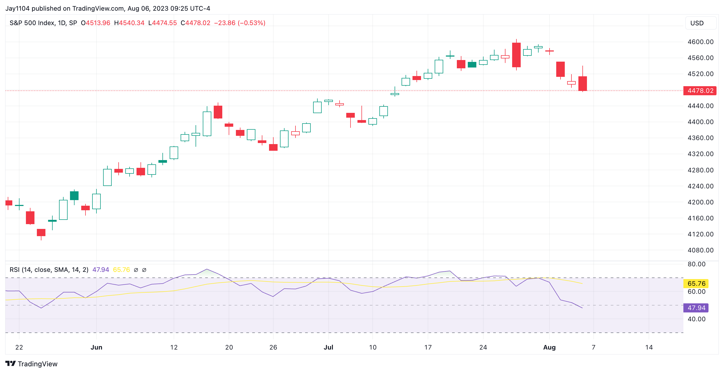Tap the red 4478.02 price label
click(700, 91)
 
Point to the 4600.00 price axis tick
click(700, 42)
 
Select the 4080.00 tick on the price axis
click(700, 250)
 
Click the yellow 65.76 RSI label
click(696, 283)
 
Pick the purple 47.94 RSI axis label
click(696, 308)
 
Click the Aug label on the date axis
click(549, 347)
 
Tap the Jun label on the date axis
click(96, 347)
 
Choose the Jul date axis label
click(328, 347)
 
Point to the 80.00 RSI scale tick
click(696, 264)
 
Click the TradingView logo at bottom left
click(32, 364)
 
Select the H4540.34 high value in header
click(129, 23)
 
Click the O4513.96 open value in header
click(96, 23)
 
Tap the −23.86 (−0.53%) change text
click(239, 23)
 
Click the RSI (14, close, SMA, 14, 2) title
click(49, 270)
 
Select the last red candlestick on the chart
click(582, 83)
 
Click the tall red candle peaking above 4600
click(516, 55)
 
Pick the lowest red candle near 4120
click(41, 232)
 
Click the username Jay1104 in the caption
click(17, 9)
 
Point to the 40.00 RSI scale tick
click(696, 319)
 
